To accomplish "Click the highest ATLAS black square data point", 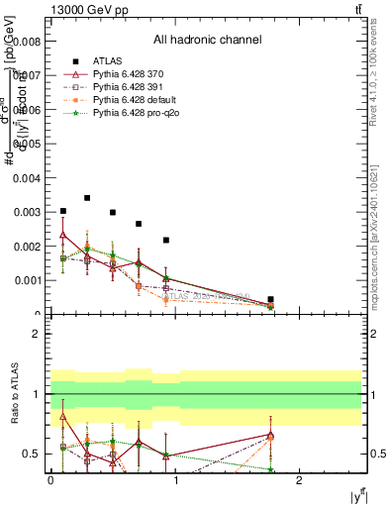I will coord(87,198).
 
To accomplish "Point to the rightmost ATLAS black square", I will coord(270,299).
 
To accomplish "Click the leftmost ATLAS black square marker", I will coord(63,211).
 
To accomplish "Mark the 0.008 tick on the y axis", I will coord(28,42).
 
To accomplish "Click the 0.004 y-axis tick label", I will coord(28,177).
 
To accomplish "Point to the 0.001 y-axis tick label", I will coord(28,280).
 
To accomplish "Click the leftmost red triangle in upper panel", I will coord(63,235).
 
